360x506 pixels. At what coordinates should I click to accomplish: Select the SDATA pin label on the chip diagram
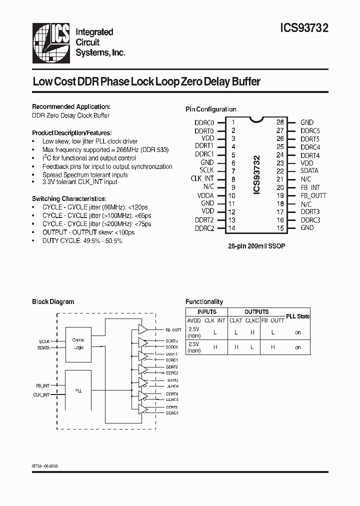[x=309, y=171]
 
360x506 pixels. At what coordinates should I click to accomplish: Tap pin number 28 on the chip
[x=280, y=122]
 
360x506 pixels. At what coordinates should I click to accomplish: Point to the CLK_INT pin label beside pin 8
[x=202, y=179]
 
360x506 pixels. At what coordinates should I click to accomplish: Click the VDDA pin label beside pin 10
[x=205, y=195]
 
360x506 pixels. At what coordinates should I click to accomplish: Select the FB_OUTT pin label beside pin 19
[x=313, y=195]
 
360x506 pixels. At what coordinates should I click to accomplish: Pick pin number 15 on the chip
[x=280, y=228]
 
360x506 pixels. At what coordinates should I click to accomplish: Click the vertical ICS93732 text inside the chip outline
[x=257, y=175]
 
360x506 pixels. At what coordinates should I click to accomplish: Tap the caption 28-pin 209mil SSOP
[x=257, y=246]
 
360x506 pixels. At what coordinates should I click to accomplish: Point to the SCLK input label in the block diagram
[x=44, y=341]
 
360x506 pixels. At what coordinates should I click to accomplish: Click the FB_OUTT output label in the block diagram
[x=173, y=330]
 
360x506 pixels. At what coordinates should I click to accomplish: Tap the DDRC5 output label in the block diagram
[x=172, y=413]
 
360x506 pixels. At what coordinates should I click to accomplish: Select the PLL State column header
[x=297, y=316]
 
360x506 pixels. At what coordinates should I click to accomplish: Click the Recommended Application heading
[x=71, y=107]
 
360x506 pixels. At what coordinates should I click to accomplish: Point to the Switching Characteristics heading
[x=69, y=198]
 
